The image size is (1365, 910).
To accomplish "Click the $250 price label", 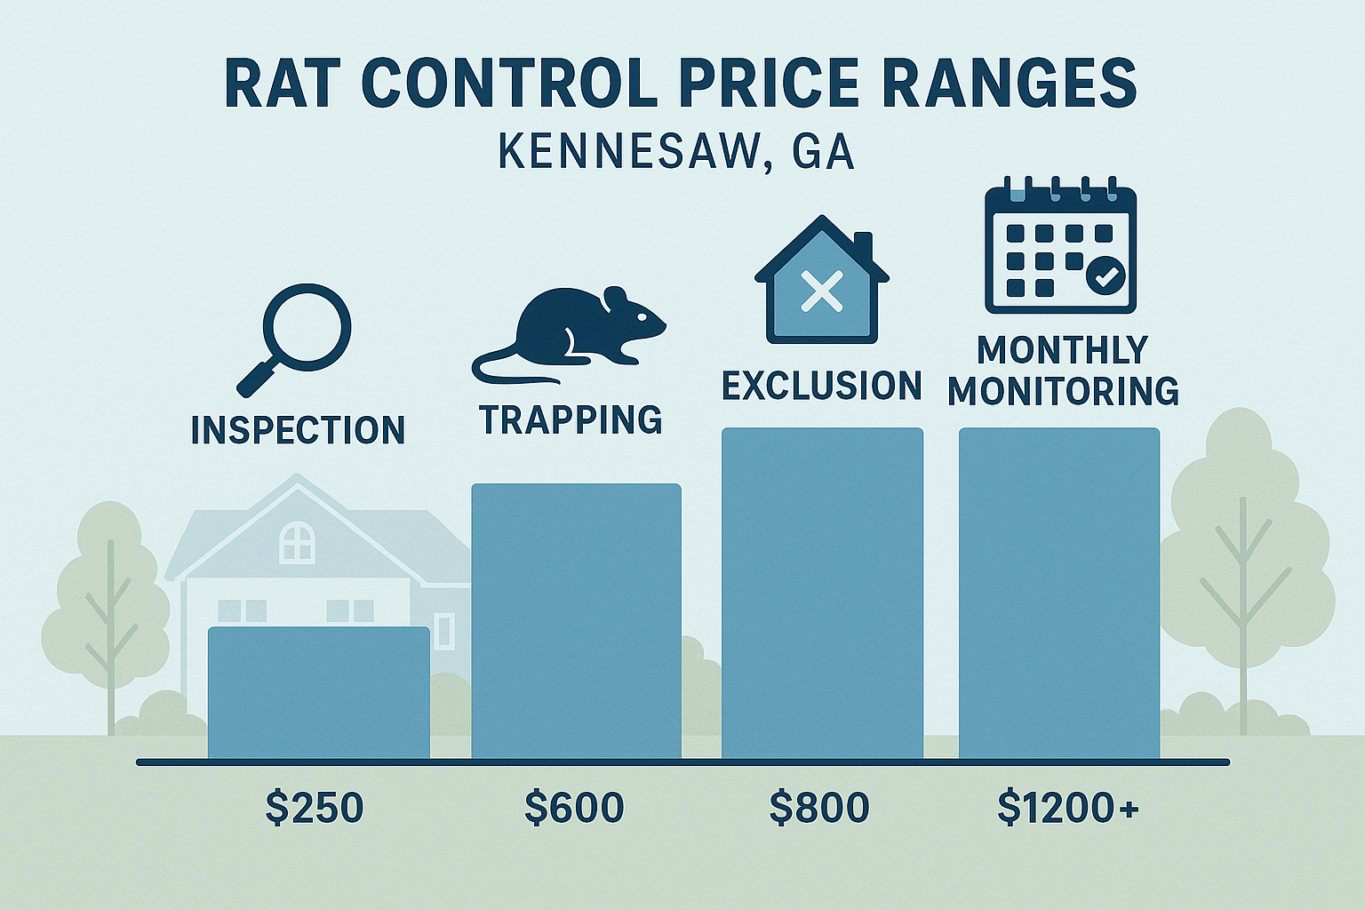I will pyautogui.click(x=315, y=808).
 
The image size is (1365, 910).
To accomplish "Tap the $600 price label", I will pyautogui.click(x=574, y=808).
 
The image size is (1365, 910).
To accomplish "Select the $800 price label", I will pyautogui.click(x=818, y=808).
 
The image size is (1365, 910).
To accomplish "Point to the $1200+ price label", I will pyautogui.click(x=1067, y=808).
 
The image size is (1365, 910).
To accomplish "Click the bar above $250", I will pyautogui.click(x=318, y=692).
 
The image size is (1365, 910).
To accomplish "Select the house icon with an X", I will pyautogui.click(x=822, y=283).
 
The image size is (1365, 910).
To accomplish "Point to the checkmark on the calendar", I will pyautogui.click(x=1106, y=275).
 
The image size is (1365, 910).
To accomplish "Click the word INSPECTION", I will pyautogui.click(x=298, y=430).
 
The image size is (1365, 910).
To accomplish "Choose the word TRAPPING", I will pyautogui.click(x=571, y=419).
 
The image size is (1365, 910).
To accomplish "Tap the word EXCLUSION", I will pyautogui.click(x=822, y=387).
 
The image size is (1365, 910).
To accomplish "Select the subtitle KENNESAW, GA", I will pyautogui.click(x=676, y=152).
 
